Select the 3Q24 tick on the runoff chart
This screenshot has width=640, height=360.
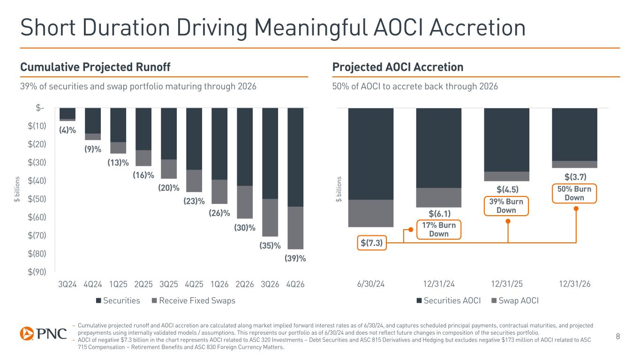(x=68, y=284)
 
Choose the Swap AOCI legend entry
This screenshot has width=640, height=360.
(x=517, y=300)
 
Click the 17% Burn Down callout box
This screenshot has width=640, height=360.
(x=439, y=230)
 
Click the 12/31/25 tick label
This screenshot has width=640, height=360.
(x=506, y=284)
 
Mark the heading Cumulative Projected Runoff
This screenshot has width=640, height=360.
(x=95, y=67)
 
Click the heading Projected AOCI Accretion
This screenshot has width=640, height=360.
(x=398, y=67)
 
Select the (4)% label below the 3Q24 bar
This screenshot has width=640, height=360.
(x=68, y=130)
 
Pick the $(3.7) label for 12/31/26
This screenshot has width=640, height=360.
(x=575, y=176)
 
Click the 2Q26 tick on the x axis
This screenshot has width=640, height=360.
(x=245, y=284)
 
